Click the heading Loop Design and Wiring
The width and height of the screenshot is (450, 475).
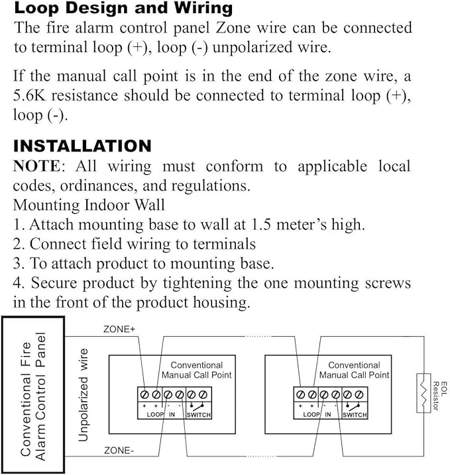coord(123,9)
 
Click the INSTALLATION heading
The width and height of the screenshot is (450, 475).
coord(82,146)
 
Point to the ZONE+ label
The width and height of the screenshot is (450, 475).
coord(119,329)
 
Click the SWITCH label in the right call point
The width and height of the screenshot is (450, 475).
coord(354,415)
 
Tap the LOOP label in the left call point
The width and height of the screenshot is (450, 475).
coord(155,415)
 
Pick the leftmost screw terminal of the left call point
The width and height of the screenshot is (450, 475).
coord(144,394)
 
